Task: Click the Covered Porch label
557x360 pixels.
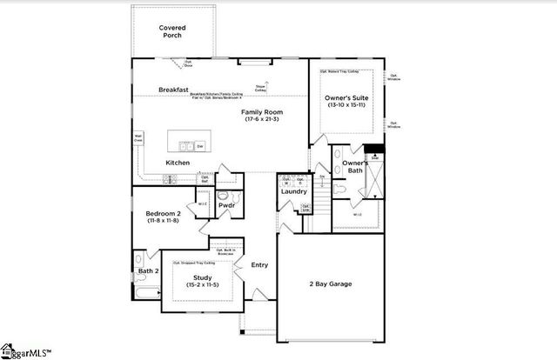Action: tap(171, 32)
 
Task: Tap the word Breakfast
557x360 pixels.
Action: tap(174, 90)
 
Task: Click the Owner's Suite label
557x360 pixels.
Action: tap(346, 98)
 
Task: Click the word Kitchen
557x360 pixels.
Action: tap(178, 163)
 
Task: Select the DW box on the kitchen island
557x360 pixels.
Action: tap(200, 145)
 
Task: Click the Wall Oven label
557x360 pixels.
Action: tap(138, 138)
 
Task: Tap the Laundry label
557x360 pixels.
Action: tap(293, 192)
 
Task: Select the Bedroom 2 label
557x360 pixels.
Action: tap(163, 212)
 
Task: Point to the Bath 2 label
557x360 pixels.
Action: tap(149, 270)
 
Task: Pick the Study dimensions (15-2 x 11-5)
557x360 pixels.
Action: tap(199, 285)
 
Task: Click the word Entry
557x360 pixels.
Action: tap(259, 265)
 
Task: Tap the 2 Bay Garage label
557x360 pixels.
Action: tap(329, 283)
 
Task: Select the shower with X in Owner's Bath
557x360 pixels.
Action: tap(375, 179)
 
